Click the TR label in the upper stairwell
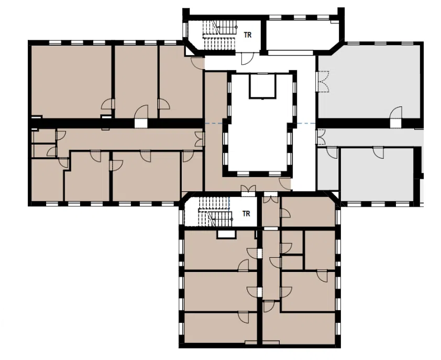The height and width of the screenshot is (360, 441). [x=248, y=35]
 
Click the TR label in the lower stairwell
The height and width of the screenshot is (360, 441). [x=246, y=214]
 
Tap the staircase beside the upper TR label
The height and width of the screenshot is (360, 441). [x=219, y=35]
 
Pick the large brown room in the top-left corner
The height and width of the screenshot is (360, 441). [x=71, y=81]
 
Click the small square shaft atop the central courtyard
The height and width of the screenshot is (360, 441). [x=262, y=86]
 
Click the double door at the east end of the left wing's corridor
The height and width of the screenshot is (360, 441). [x=199, y=139]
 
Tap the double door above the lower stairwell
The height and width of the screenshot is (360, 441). [x=249, y=189]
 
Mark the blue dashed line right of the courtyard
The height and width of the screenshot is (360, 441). [x=306, y=124]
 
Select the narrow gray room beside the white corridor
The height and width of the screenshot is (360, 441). [x=328, y=169]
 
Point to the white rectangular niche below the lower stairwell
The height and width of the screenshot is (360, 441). [x=226, y=234]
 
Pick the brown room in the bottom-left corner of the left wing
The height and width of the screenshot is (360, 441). [x=47, y=180]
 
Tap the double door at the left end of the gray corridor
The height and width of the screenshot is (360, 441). [x=321, y=137]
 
